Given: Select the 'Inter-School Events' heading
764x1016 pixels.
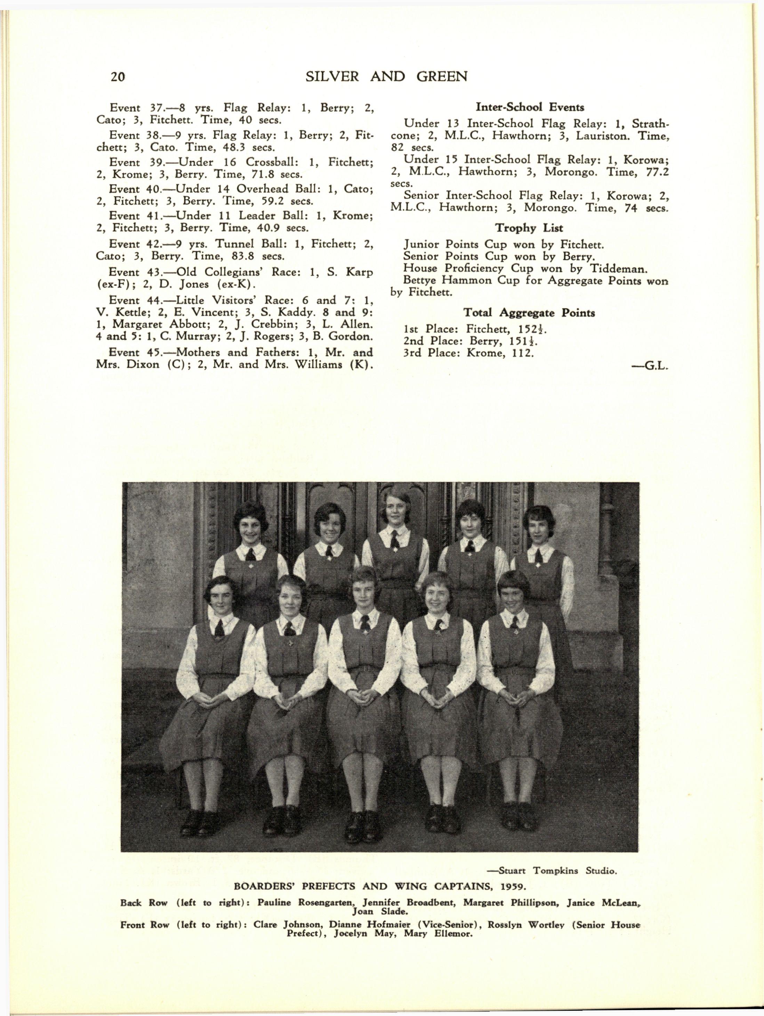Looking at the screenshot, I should coord(530,107).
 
